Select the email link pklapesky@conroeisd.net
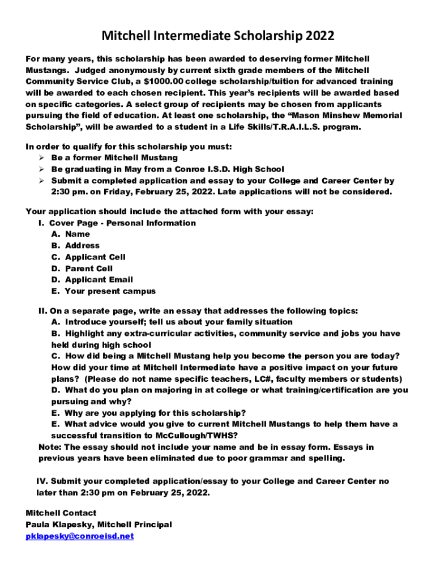click(x=80, y=536)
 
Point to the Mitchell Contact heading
click(x=61, y=513)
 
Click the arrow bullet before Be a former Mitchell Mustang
click(x=42, y=158)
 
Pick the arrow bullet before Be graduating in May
click(x=42, y=169)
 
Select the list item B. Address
click(x=75, y=245)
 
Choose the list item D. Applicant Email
click(x=92, y=280)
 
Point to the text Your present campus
click(x=110, y=291)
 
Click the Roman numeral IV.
click(x=41, y=481)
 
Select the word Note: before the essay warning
click(x=50, y=447)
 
